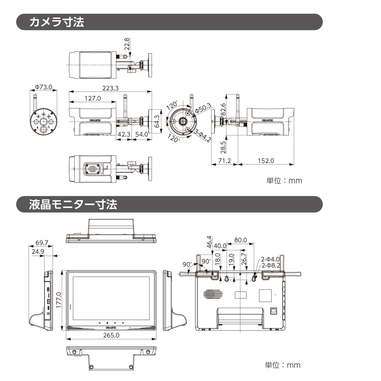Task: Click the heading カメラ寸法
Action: (57, 22)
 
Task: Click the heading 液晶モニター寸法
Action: (73, 204)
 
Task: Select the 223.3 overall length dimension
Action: (110, 88)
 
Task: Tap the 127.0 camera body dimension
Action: (93, 98)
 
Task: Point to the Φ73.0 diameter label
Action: (43, 87)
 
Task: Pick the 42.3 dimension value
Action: (124, 134)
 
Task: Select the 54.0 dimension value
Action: (142, 134)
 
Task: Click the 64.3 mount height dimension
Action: (156, 121)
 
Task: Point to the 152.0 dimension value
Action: (266, 160)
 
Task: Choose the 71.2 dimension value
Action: (224, 160)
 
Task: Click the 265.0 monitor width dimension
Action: (111, 335)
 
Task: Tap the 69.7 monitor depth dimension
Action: (42, 243)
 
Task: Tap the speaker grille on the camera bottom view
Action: (93, 168)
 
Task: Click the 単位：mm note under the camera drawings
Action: (284, 181)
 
